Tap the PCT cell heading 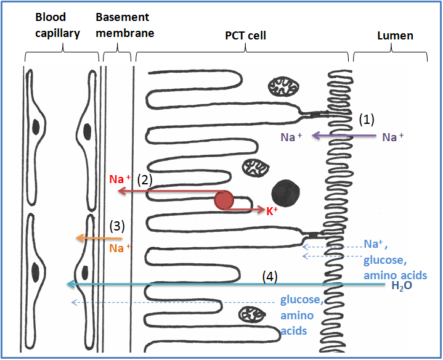point(245,35)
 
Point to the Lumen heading point(395,35)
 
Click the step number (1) point(367,120)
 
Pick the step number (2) point(144,180)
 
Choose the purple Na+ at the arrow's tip point(288,137)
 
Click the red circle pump point(224,200)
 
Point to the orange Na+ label point(120,248)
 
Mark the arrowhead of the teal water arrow point(71,284)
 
